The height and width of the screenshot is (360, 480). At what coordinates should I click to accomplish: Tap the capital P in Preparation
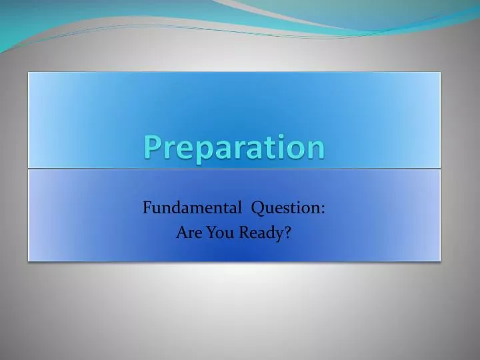pyautogui.click(x=151, y=147)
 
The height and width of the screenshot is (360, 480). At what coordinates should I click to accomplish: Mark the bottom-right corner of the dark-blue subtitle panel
pyautogui.click(x=441, y=260)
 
